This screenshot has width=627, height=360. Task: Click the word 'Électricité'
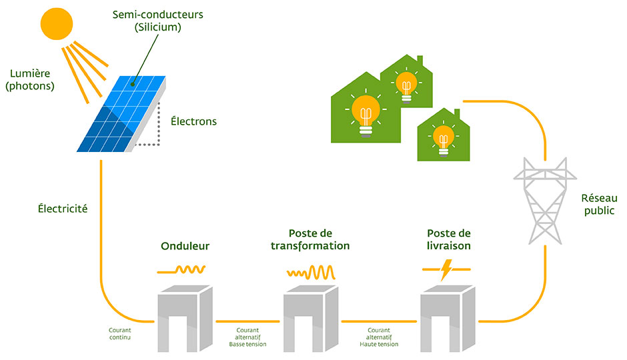(x=63, y=209)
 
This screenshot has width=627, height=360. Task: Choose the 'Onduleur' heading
(x=185, y=246)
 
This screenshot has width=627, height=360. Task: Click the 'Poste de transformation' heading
(x=310, y=239)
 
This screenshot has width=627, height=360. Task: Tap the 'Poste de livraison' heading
(x=448, y=239)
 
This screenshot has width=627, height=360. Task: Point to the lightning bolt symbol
(x=446, y=269)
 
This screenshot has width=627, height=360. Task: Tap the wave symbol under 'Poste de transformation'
(x=311, y=272)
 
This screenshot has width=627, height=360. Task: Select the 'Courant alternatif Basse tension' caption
(x=247, y=337)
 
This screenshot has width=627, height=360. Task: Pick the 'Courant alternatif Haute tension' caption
(x=378, y=337)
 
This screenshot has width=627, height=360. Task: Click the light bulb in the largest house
(x=365, y=113)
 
